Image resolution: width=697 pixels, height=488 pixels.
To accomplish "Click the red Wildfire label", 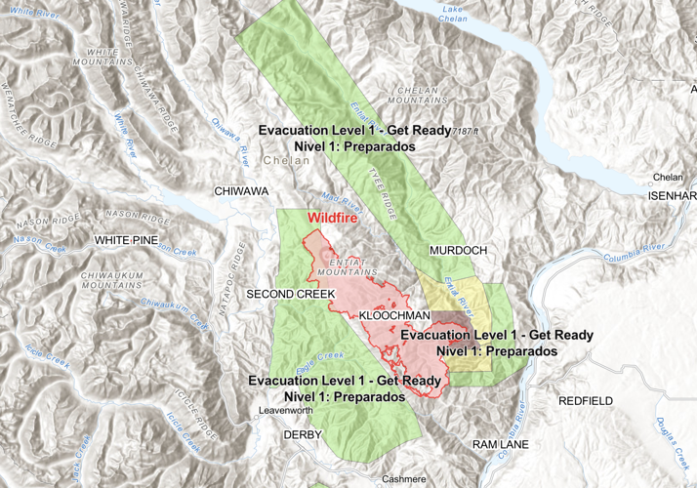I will click(332, 219).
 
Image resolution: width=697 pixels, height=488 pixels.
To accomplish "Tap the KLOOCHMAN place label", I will click(394, 317).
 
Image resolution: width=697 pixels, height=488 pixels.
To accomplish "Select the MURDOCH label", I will click(458, 251).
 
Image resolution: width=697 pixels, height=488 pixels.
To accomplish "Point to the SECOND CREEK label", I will click(284, 294).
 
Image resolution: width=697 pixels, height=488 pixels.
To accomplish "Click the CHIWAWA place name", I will click(241, 191).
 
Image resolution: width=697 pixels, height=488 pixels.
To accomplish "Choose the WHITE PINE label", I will click(126, 239).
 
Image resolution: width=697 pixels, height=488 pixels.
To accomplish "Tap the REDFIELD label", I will click(586, 401).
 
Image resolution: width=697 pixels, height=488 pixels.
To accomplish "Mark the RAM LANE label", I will click(500, 444).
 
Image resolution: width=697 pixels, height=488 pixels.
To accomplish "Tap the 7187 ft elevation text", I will click(473, 129).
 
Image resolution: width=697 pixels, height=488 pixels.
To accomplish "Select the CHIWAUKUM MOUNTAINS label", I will click(110, 280).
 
